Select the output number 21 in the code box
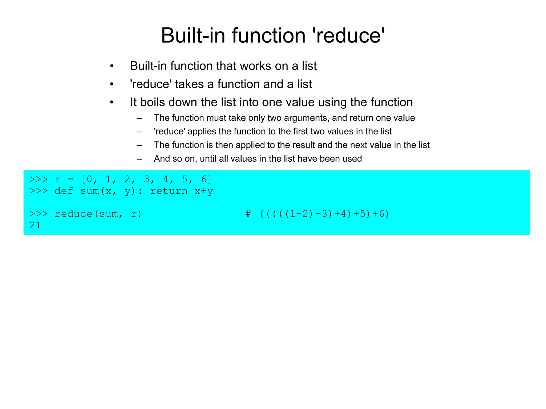[35, 226]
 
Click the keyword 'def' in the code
[64, 191]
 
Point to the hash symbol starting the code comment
[248, 214]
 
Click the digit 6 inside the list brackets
[204, 179]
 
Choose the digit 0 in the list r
[89, 179]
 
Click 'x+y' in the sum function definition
[204, 191]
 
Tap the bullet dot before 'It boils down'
[112, 103]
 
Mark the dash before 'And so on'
[139, 159]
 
